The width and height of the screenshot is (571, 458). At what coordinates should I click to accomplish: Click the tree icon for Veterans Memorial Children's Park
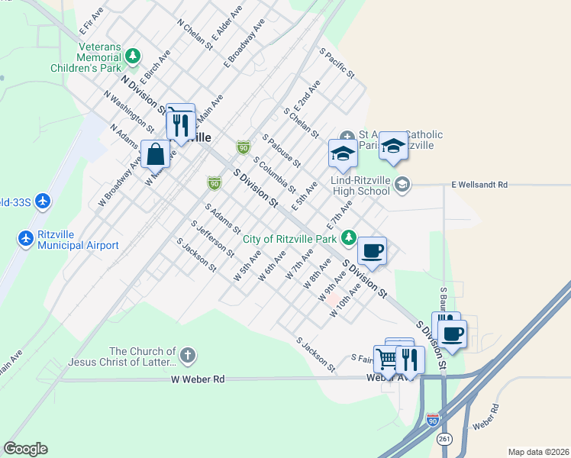(x=134, y=55)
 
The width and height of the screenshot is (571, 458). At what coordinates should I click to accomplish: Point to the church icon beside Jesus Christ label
(x=187, y=355)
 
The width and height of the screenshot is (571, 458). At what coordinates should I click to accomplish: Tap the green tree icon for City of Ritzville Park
(x=348, y=238)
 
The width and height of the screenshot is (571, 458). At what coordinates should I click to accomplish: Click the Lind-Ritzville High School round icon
(x=402, y=184)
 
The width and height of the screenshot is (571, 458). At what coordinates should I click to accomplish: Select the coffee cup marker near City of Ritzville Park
(x=372, y=250)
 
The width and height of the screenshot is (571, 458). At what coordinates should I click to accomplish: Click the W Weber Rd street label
(x=198, y=379)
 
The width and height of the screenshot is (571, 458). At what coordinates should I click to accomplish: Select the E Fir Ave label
(x=91, y=21)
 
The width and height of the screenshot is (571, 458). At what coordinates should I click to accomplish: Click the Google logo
(x=25, y=449)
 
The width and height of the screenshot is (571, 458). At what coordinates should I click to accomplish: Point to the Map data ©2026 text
(x=538, y=452)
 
